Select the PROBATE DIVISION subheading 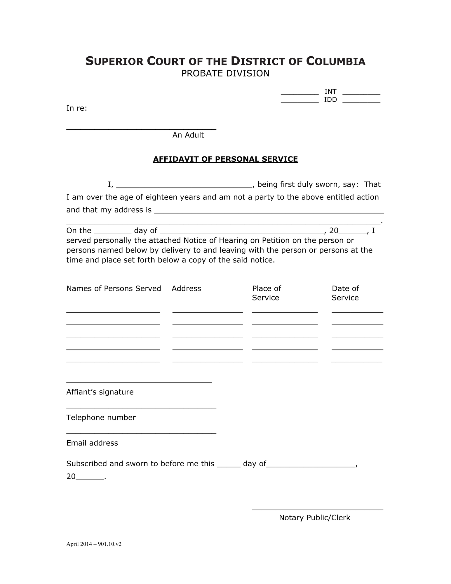click(225, 73)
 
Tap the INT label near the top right click(330, 92)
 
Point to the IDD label click(330, 100)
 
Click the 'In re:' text click(77, 108)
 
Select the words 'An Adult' click(188, 135)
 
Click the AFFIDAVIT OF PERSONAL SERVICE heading click(225, 159)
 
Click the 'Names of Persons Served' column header click(114, 288)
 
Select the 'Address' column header click(186, 288)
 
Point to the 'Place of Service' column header click(266, 293)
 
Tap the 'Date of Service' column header click(345, 293)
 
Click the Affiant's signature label click(100, 392)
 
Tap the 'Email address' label click(92, 443)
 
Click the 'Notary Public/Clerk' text click(314, 518)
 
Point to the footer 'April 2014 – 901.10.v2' click(94, 544)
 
